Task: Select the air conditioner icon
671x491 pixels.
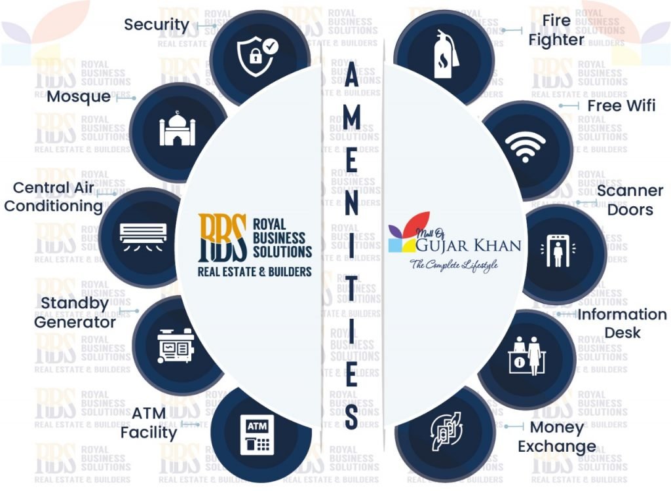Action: [144, 234]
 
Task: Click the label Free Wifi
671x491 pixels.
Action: [621, 105]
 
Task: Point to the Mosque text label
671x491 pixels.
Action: [79, 97]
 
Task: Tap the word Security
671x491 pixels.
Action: [157, 25]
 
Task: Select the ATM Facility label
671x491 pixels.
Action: [149, 423]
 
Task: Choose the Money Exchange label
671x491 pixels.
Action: [557, 437]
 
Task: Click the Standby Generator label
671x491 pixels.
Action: [75, 313]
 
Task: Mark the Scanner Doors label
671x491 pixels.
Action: [630, 200]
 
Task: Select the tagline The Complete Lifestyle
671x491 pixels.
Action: [454, 265]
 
